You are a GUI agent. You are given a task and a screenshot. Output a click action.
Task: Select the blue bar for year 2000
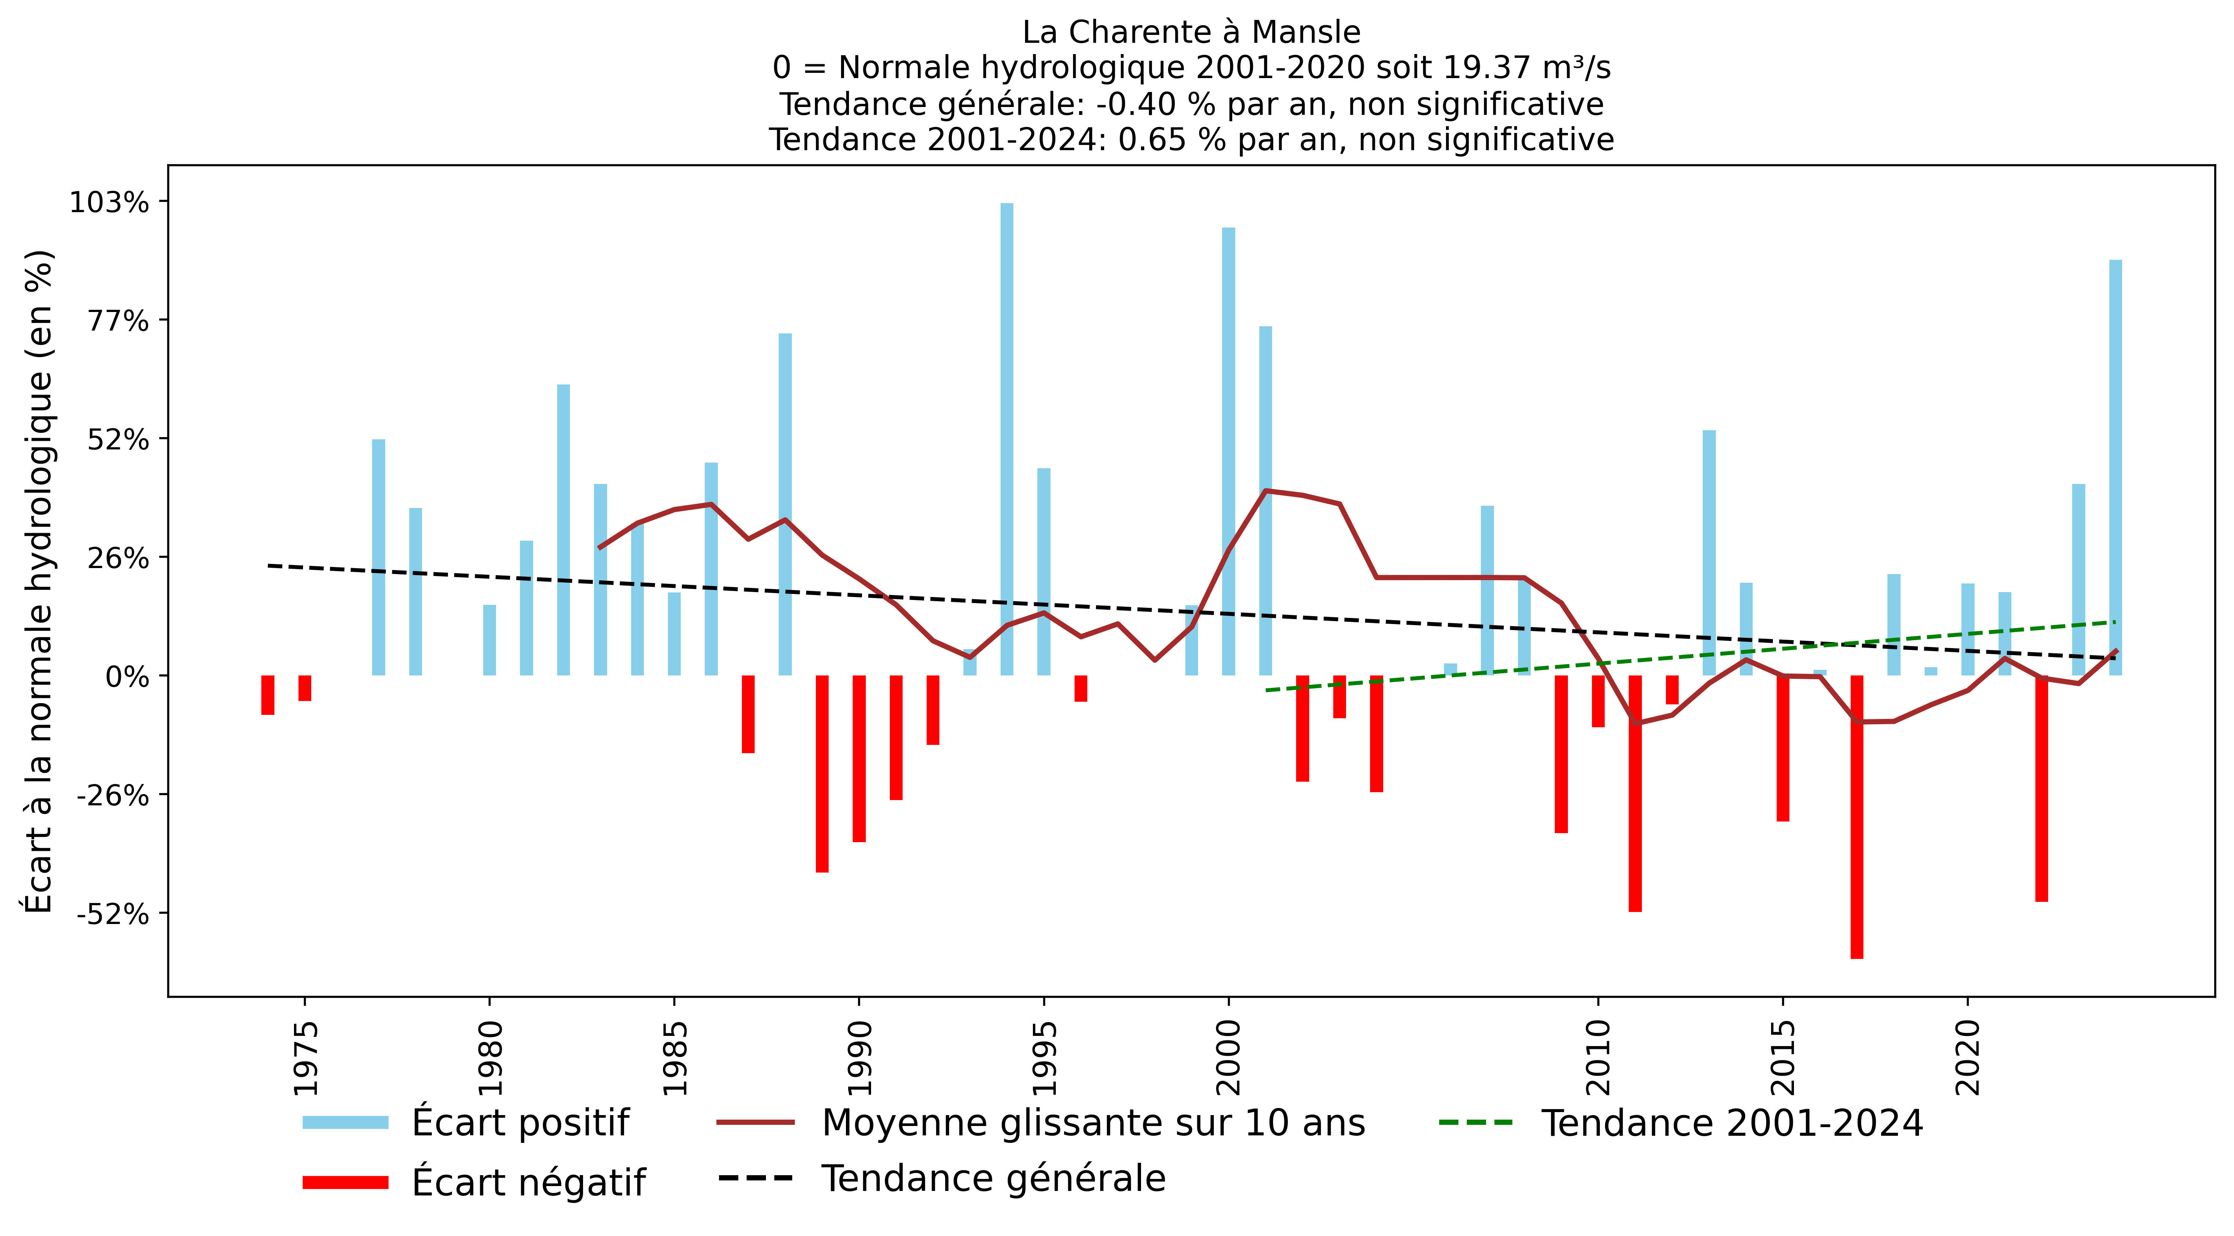(x=1228, y=451)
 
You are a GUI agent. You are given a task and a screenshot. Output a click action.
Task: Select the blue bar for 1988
(x=785, y=503)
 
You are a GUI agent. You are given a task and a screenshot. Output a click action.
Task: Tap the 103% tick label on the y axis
(x=109, y=203)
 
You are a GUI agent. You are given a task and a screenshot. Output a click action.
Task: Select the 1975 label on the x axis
(x=305, y=1058)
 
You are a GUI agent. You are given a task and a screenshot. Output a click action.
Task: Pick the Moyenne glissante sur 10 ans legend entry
(x=1093, y=1122)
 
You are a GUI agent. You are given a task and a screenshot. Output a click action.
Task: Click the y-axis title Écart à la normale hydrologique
(x=39, y=581)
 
